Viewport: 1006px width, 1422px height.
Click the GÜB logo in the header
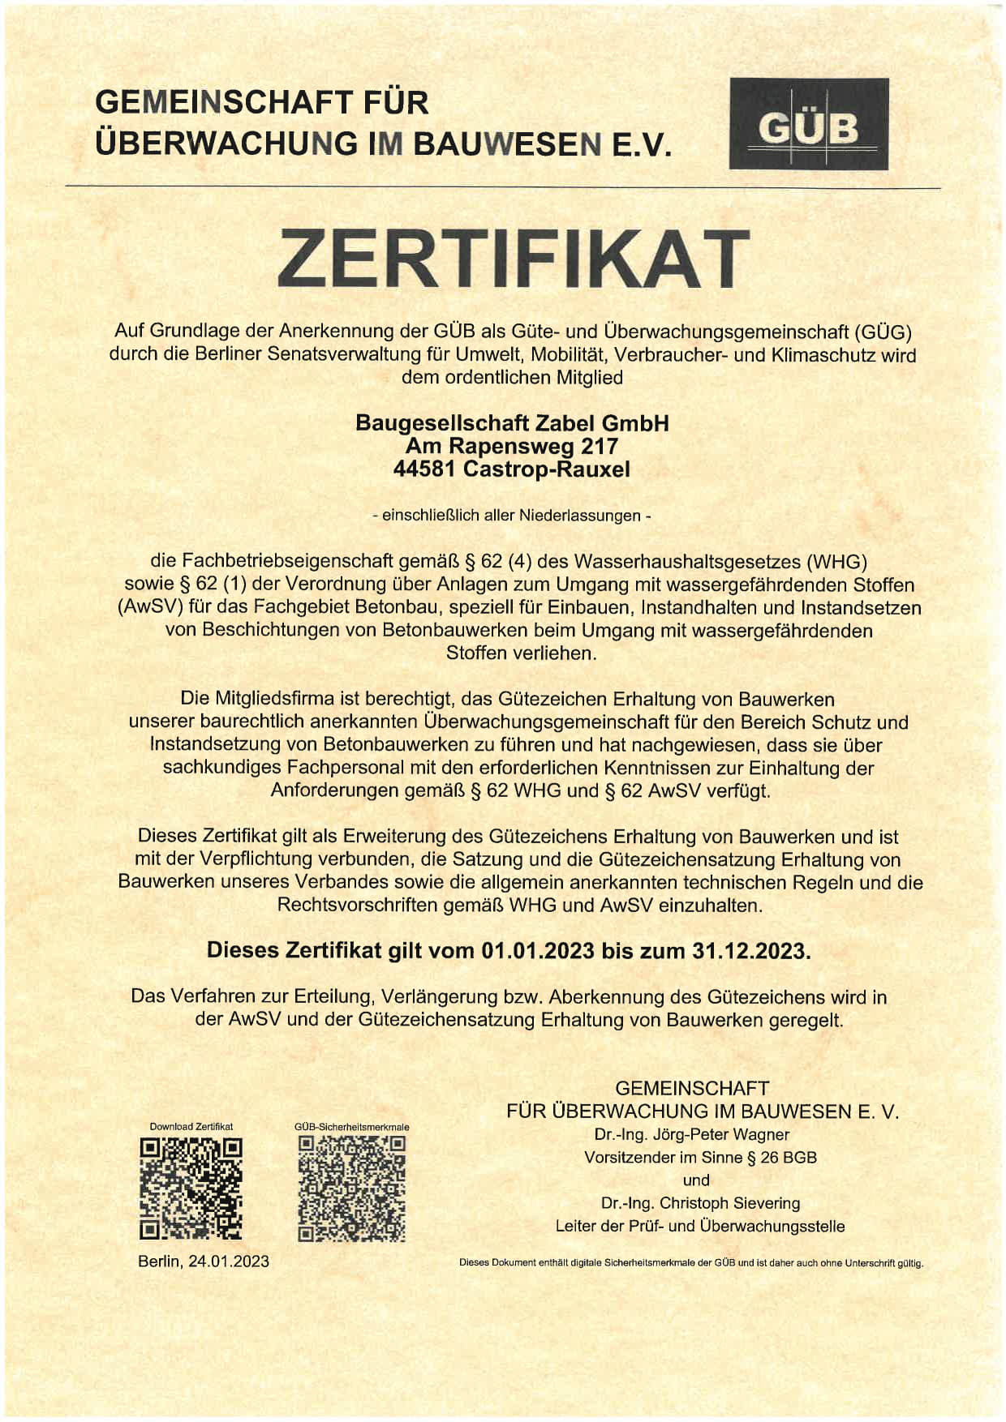coord(808,124)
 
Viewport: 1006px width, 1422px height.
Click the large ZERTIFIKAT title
coord(513,259)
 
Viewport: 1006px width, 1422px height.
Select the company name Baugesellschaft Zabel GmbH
coord(512,423)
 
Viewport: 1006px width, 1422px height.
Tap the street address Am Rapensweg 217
coord(512,446)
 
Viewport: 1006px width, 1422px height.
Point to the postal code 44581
coord(424,469)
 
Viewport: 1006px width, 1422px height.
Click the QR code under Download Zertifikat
coord(191,1189)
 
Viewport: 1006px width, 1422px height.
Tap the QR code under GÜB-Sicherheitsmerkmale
coord(351,1189)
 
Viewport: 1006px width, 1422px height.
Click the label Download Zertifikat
coord(191,1126)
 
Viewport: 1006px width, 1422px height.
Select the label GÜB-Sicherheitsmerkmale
coord(351,1126)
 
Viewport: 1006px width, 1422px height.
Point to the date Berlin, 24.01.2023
coord(204,1261)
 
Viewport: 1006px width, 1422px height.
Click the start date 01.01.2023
coord(537,950)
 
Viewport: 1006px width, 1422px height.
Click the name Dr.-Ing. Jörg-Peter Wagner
coord(691,1134)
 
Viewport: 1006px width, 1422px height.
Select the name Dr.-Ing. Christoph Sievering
coord(700,1203)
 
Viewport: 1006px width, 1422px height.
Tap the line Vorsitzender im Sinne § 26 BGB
coord(700,1157)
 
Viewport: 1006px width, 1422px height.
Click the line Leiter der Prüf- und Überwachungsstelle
coord(700,1226)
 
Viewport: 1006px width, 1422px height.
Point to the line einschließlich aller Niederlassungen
coord(512,516)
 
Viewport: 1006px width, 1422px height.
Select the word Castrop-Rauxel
coord(546,469)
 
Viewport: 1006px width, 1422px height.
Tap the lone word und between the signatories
coord(696,1180)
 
